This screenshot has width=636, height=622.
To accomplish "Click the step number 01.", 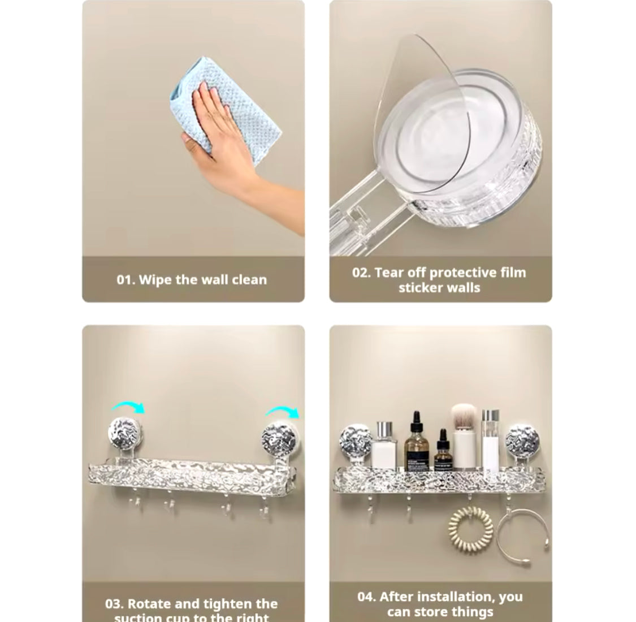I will tap(125, 280).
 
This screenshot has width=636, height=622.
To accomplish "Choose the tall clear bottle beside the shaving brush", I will tap(491, 438).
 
